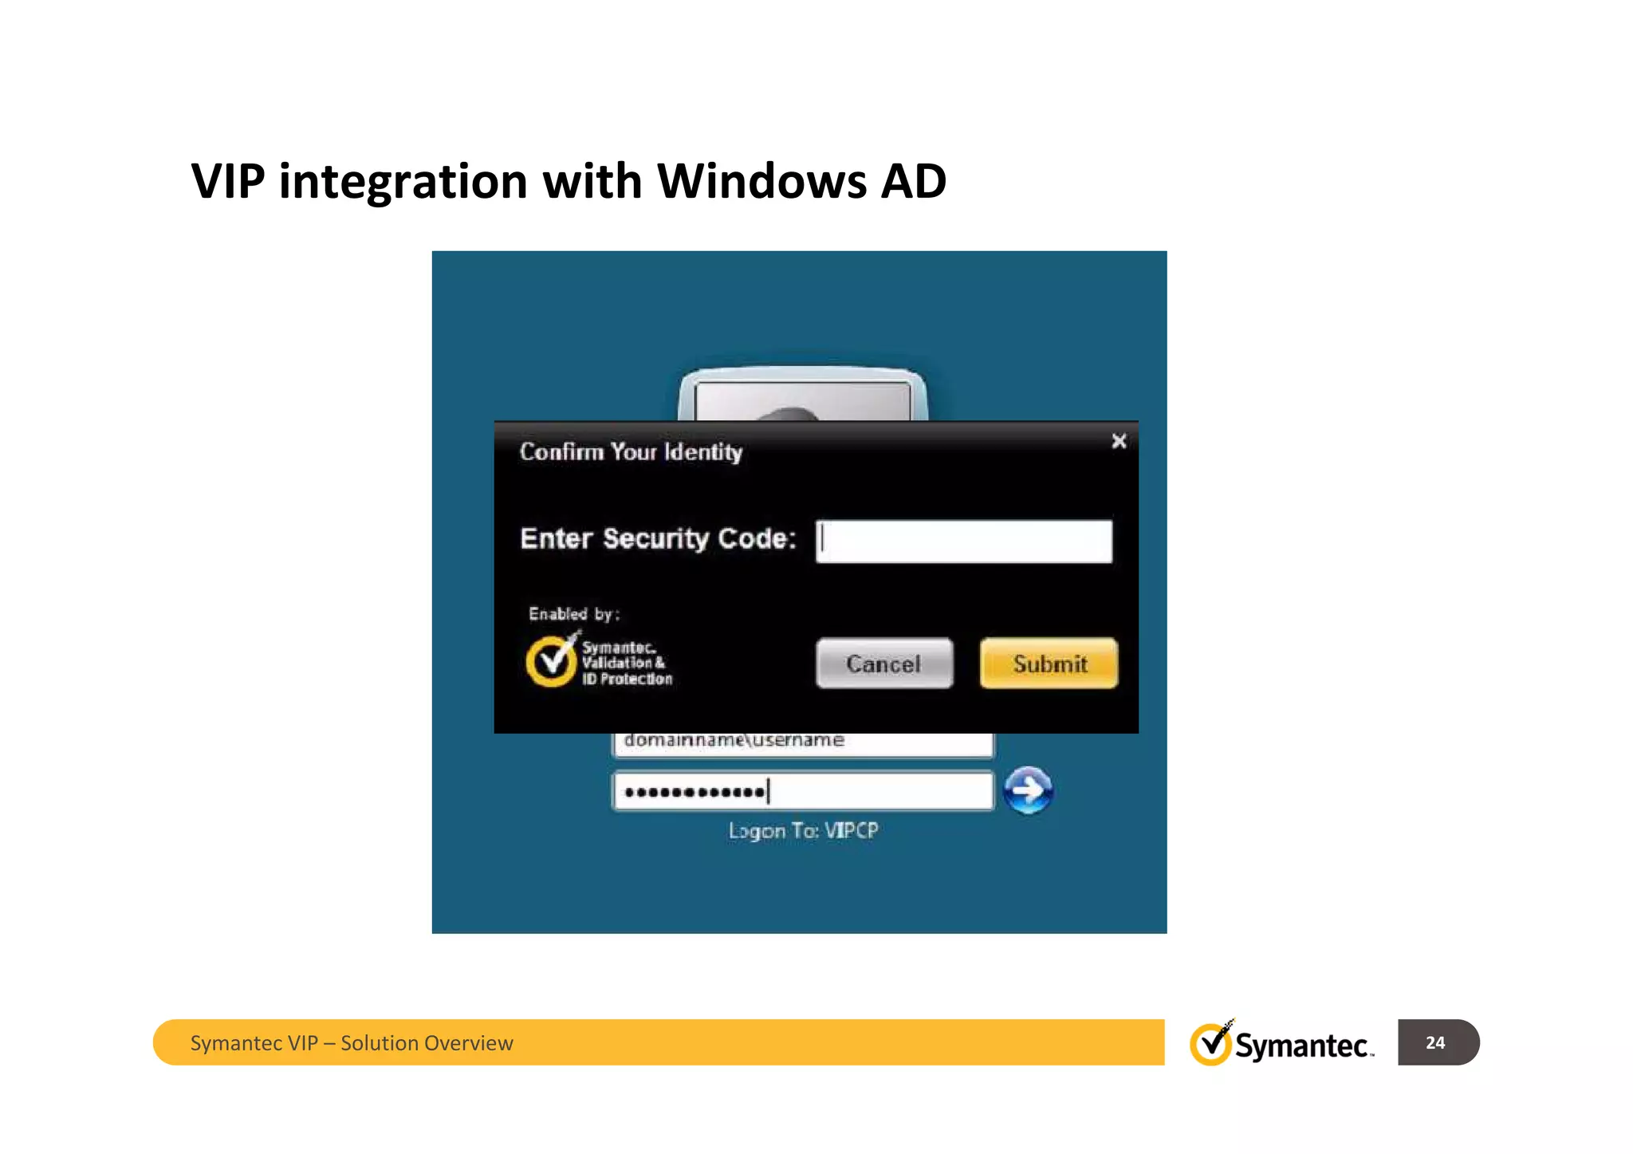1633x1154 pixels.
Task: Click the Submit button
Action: [x=1049, y=664]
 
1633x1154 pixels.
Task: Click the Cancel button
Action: [x=883, y=664]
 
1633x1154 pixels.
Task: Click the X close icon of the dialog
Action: [x=1119, y=441]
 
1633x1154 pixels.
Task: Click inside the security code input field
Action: [x=964, y=542]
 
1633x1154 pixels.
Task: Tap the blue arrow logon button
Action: [x=1028, y=790]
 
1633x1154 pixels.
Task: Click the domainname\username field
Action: [x=802, y=742]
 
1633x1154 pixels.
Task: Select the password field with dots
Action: [x=802, y=791]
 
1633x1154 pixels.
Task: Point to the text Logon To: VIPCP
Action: [x=803, y=831]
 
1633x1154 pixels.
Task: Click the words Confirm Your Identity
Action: [x=631, y=452]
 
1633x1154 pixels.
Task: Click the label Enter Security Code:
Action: [x=658, y=539]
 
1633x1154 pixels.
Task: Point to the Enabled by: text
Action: [x=573, y=614]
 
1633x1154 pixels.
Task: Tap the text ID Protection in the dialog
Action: [x=627, y=679]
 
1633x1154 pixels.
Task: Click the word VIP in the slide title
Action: [x=227, y=181]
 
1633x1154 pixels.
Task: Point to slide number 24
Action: [x=1435, y=1042]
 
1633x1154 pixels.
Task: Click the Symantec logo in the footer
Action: [x=1281, y=1043]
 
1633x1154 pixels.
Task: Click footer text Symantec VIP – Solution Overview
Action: [x=352, y=1043]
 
